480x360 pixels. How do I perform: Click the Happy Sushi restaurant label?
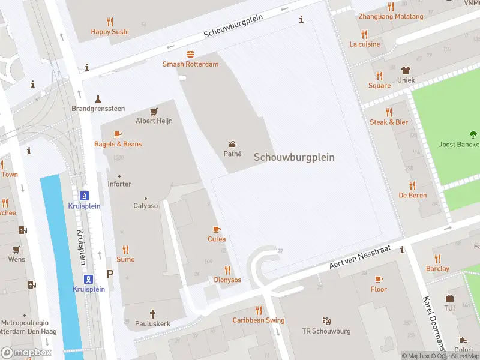coord(110,32)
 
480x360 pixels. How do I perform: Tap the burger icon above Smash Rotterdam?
coord(190,54)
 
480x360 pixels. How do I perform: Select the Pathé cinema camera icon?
coord(232,144)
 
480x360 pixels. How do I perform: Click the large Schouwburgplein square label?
coord(294,157)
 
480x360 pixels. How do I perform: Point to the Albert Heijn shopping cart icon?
coord(154,111)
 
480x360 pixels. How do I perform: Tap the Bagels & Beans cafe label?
coord(118,144)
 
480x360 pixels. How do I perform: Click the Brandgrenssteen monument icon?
coord(98,98)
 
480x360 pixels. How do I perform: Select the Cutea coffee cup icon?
coord(217,229)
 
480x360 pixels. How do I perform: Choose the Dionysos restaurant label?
coord(227,280)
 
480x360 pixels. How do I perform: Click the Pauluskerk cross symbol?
coord(152,313)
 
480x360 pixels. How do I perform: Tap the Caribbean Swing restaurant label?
coord(259,320)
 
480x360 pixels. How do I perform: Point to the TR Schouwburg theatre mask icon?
coord(327,321)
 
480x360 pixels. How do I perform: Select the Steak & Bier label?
coord(389,122)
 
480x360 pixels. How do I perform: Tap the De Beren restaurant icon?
coord(412,185)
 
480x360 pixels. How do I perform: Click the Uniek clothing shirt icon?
coord(406,70)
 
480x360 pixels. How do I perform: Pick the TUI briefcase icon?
coord(449,298)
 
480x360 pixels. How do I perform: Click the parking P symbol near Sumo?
coord(110,274)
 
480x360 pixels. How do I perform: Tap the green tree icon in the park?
coord(473,134)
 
